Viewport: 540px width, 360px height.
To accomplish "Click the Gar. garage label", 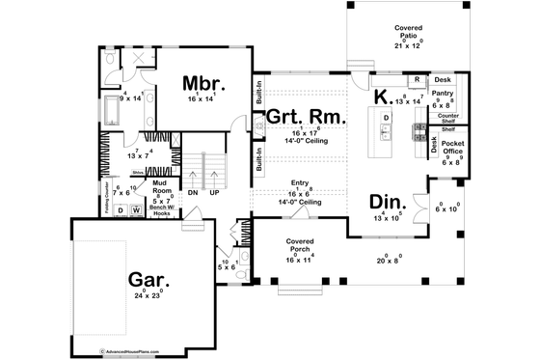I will pyautogui.click(x=151, y=280).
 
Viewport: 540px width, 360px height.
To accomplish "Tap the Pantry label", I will pyautogui.click(x=443, y=94).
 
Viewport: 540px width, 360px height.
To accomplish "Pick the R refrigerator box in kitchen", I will pyautogui.click(x=416, y=80).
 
